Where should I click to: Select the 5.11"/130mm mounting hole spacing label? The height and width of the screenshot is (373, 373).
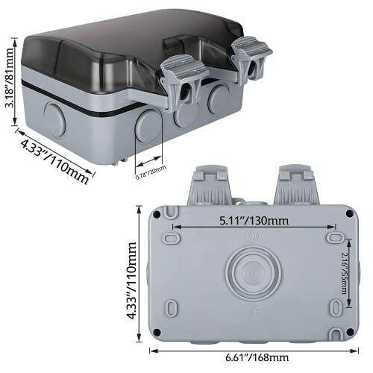pyautogui.click(x=254, y=221)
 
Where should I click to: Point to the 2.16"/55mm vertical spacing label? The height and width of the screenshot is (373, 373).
pyautogui.click(x=345, y=273)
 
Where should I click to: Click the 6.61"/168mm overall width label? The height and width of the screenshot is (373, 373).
pyautogui.click(x=257, y=357)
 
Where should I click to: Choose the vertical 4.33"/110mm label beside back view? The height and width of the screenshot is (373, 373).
pyautogui.click(x=131, y=280)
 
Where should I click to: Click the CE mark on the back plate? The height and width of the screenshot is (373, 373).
pyautogui.click(x=254, y=311)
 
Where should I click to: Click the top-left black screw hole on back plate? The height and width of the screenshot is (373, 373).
pyautogui.click(x=157, y=213)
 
